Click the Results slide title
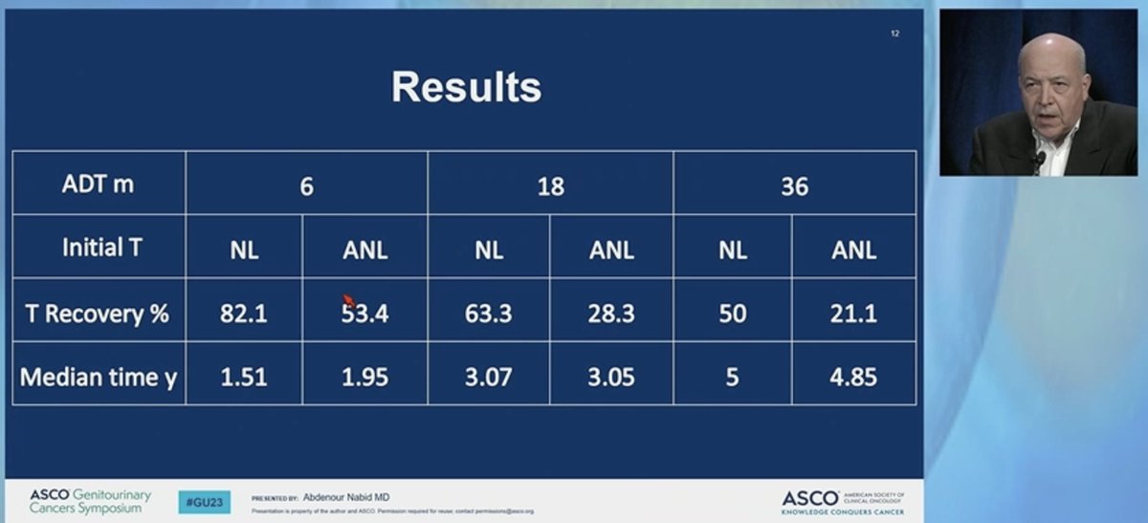pyautogui.click(x=466, y=87)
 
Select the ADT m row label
pyautogui.click(x=99, y=184)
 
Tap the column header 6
pyautogui.click(x=306, y=185)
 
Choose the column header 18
pyautogui.click(x=550, y=185)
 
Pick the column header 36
pyautogui.click(x=794, y=185)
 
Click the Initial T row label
pyautogui.click(x=101, y=248)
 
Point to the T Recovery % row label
pyautogui.click(x=97, y=312)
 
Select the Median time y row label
pyautogui.click(x=99, y=376)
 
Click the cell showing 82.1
pyautogui.click(x=243, y=313)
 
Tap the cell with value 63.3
pyautogui.click(x=488, y=313)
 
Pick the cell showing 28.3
pyautogui.click(x=611, y=313)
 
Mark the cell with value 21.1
pyautogui.click(x=853, y=313)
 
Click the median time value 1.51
pyautogui.click(x=243, y=377)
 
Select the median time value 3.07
pyautogui.click(x=488, y=377)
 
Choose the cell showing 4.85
pyautogui.click(x=853, y=377)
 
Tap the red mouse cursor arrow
pyautogui.click(x=348, y=300)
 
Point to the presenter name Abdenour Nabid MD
pyautogui.click(x=345, y=497)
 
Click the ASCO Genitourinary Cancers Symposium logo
pyautogui.click(x=90, y=501)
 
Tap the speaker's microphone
pyautogui.click(x=1039, y=159)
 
